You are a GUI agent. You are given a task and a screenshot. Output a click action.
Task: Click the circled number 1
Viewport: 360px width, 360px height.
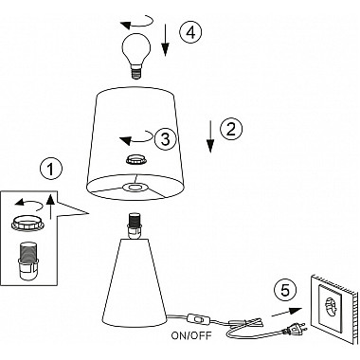[x=51, y=170]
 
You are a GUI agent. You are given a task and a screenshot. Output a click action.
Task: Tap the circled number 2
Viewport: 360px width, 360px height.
[x=231, y=129]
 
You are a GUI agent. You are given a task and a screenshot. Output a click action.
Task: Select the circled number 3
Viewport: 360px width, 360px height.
[x=166, y=139]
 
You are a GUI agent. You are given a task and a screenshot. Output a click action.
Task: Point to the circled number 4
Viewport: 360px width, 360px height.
[x=190, y=32]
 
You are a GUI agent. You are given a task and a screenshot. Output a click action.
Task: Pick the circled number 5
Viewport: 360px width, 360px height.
[x=285, y=290]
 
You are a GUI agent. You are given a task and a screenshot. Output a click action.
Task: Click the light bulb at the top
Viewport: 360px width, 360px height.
[x=136, y=56]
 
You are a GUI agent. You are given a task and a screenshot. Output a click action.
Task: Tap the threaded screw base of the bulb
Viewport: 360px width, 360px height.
[x=136, y=72]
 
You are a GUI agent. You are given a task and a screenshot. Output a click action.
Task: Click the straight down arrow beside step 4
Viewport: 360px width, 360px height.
[x=166, y=39]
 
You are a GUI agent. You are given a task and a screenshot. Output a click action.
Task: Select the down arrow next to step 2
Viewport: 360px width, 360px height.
[x=210, y=136]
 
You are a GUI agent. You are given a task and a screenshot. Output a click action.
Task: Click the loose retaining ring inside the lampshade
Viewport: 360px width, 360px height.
[x=136, y=160]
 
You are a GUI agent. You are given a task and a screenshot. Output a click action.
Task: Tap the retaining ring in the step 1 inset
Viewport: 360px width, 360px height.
[x=27, y=224]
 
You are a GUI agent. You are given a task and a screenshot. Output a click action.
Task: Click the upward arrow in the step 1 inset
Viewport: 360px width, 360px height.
[x=50, y=207]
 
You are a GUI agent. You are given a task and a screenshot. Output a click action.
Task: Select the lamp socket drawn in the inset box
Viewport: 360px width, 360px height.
[x=27, y=261]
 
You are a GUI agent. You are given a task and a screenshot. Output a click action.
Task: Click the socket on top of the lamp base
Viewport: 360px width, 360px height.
[x=135, y=225]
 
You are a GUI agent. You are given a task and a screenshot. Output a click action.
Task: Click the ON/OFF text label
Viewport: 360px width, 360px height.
[x=191, y=335]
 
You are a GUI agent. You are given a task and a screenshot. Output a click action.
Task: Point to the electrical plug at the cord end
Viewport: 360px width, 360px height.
[x=296, y=329]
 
